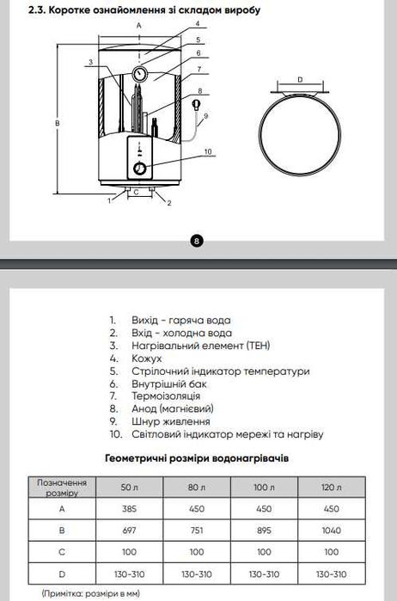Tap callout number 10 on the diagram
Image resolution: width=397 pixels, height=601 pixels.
[207, 151]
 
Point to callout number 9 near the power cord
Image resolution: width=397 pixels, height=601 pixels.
[207, 115]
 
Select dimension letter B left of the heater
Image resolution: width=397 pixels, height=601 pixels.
[57, 124]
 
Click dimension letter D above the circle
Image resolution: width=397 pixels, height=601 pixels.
[300, 79]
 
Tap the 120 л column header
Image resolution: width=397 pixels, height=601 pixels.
[331, 488]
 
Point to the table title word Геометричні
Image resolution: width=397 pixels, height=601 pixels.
[140, 458]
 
